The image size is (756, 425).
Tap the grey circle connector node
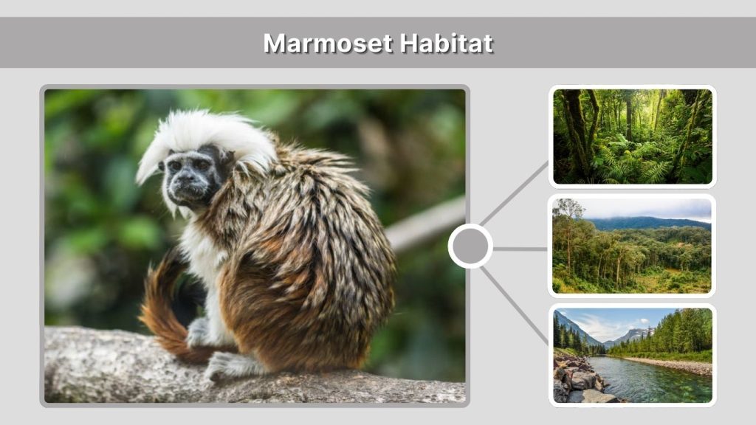(470, 246)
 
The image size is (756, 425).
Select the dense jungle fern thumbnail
(632, 137)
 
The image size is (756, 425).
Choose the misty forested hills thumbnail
(632, 246)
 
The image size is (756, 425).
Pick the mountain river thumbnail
(632, 355)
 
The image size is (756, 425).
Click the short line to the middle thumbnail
(520, 249)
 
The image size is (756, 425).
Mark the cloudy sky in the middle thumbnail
(650, 207)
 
